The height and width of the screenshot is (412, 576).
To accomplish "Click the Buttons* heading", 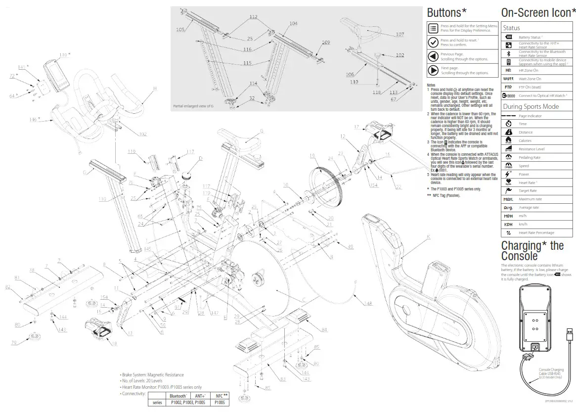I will pos(447,12).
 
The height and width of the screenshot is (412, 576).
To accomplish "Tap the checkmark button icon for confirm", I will pos(433,43).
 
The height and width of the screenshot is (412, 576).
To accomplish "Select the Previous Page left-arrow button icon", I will pos(433,56).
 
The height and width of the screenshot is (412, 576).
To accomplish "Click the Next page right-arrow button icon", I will pos(433,70).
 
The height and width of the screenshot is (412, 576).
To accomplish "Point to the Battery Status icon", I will pos(509,37).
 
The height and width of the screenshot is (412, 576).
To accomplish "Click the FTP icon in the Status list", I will pos(508,87).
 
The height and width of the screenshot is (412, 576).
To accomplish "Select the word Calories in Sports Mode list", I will pos(525,140).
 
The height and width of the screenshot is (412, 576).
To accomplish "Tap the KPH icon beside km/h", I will pos(508,224).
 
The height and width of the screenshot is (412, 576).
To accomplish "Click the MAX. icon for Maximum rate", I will pos(508,199).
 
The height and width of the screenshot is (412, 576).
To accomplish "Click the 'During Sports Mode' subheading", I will pos(531,106).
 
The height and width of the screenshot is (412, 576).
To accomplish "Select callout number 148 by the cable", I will pos(368,303).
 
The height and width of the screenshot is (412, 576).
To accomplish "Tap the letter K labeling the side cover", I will pos(428,236).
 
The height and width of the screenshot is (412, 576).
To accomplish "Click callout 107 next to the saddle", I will pos(399,35).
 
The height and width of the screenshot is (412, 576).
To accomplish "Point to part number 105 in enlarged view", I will pos(180,30).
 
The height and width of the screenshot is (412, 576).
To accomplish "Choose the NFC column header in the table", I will pos(219,396).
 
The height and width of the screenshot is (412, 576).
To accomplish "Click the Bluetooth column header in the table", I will pos(177,396).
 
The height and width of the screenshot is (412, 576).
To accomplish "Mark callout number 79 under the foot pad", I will pos(14,342).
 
